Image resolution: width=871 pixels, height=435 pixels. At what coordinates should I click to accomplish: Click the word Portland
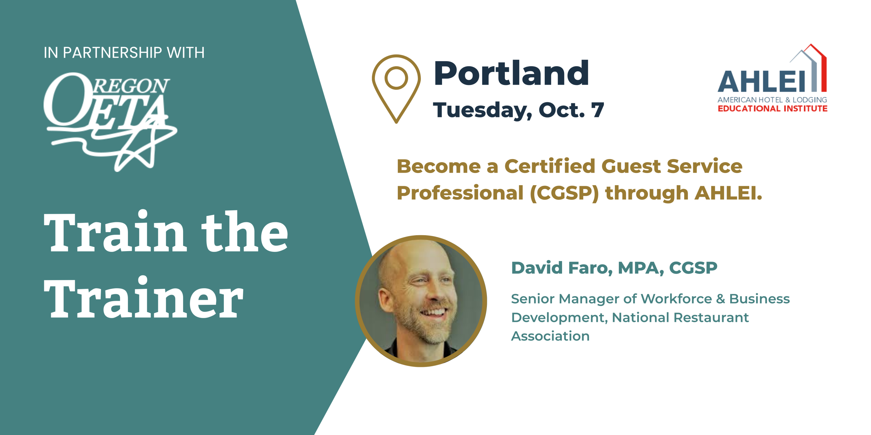click(511, 73)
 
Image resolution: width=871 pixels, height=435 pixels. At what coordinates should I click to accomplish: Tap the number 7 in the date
click(597, 110)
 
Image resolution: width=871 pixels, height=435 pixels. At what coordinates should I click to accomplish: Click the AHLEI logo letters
click(761, 82)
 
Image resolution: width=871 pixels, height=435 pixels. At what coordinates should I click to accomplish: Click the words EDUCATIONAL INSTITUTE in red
click(772, 108)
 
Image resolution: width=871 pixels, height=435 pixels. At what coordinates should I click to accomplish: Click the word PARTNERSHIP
click(113, 53)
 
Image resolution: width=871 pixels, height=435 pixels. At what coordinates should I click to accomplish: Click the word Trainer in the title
click(144, 298)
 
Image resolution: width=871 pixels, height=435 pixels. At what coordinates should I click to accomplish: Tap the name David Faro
click(562, 268)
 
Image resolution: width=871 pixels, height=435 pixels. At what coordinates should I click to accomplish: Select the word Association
click(550, 336)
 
